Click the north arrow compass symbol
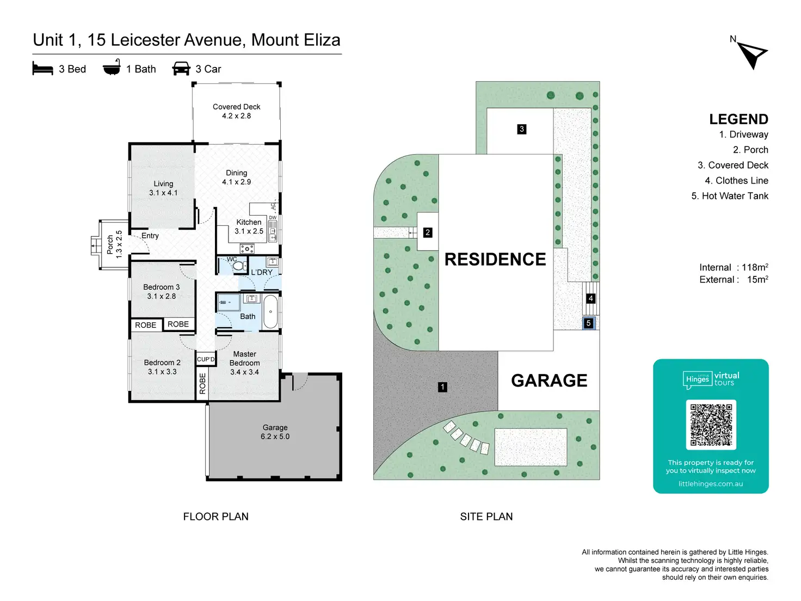[x=753, y=54]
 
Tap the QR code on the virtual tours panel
[x=711, y=425]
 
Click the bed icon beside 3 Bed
[x=42, y=69]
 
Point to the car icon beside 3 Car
[x=181, y=69]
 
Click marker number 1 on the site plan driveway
[x=442, y=387]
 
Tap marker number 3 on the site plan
[x=522, y=129]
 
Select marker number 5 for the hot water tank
[x=588, y=323]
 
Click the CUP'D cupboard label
[x=206, y=359]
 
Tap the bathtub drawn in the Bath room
[x=270, y=311]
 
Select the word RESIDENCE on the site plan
[x=495, y=259]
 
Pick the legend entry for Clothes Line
[x=736, y=181]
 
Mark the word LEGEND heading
[x=738, y=119]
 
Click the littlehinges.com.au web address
[x=710, y=483]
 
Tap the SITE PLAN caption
[x=486, y=517]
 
